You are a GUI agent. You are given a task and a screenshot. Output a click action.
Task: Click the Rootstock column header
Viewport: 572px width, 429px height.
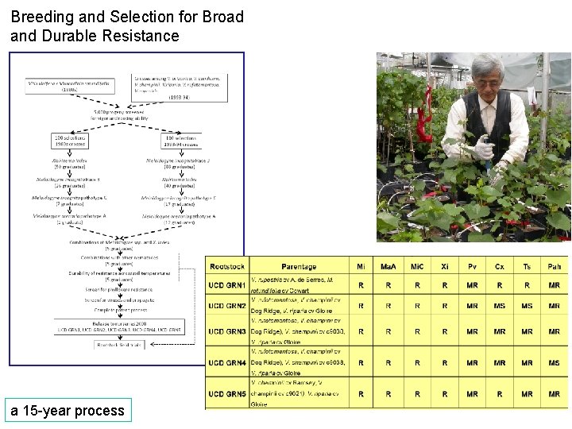[x=226, y=267]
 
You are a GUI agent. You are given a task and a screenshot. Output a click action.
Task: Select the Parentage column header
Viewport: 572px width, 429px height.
[x=298, y=267]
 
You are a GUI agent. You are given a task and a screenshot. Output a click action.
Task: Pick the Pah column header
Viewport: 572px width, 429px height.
[x=554, y=267]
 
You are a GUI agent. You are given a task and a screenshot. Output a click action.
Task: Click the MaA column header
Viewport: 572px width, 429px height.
[x=388, y=267]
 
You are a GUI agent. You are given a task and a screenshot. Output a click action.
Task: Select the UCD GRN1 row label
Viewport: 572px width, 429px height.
[x=226, y=284]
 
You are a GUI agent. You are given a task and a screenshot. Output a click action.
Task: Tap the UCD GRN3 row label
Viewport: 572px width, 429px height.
[x=226, y=331]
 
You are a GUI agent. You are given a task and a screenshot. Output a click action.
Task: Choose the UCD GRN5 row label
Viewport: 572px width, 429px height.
[x=226, y=394]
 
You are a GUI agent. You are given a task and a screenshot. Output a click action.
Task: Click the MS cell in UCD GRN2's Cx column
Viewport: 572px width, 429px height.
[x=500, y=305]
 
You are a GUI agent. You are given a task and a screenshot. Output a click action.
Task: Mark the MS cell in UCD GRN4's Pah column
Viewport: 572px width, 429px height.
[x=554, y=362]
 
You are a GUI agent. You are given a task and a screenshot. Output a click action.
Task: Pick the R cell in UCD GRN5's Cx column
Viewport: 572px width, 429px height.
[x=500, y=394]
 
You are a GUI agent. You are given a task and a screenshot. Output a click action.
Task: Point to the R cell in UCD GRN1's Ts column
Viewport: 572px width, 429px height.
[x=527, y=284]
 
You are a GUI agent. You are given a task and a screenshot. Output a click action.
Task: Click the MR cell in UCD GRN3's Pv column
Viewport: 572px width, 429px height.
[x=472, y=331]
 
